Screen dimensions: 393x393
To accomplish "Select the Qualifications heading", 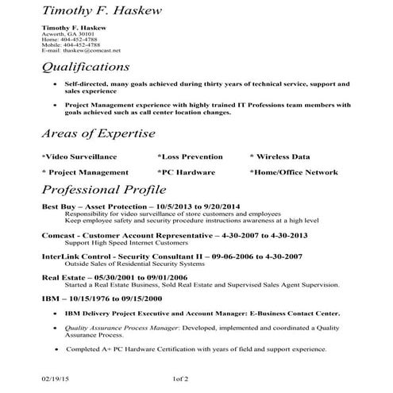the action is (85, 67).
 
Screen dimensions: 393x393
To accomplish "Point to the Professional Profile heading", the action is (103, 190).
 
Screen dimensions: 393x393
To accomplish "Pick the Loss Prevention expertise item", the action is (191, 156).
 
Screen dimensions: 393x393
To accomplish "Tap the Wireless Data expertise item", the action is (283, 156).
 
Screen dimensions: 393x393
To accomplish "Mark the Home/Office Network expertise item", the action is (293, 171).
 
